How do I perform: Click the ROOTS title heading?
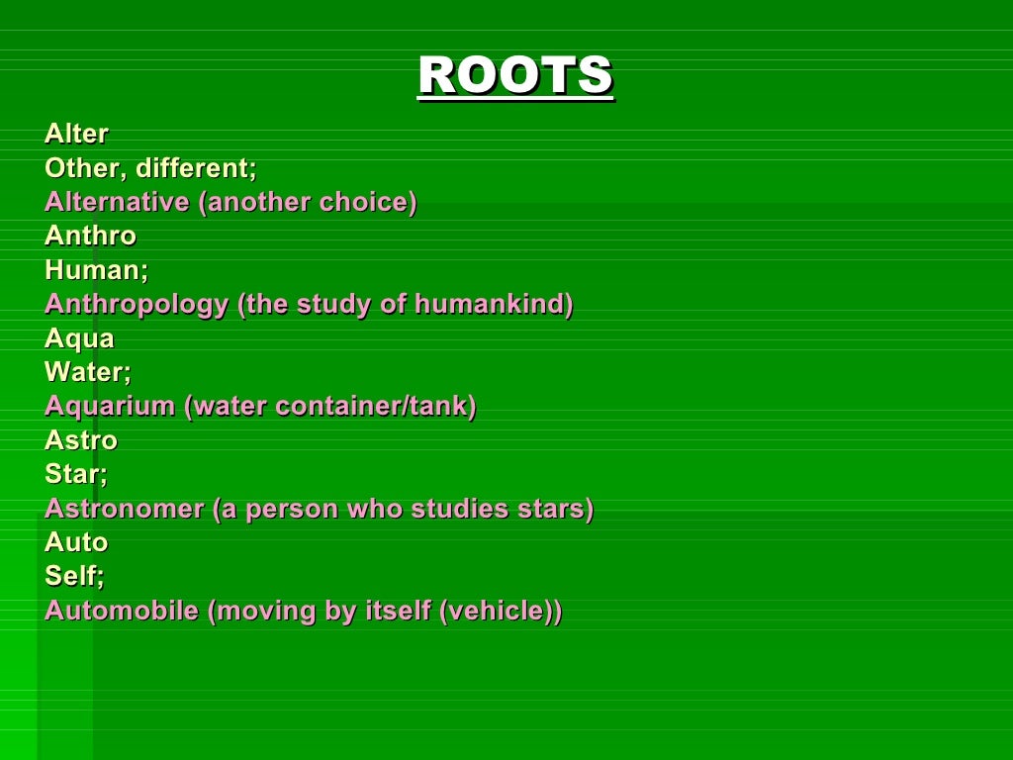point(515,76)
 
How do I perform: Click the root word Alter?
point(77,134)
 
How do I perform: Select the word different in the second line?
point(196,168)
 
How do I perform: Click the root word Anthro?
point(91,236)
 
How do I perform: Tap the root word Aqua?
point(79,338)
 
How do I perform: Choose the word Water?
point(86,372)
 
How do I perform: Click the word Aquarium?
point(110,407)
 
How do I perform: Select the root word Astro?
point(81,440)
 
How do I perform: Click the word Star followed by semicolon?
point(74,474)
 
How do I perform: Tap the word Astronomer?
point(124,509)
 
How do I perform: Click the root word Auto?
point(76,542)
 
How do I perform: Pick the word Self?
point(73,576)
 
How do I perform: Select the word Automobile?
point(122,611)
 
